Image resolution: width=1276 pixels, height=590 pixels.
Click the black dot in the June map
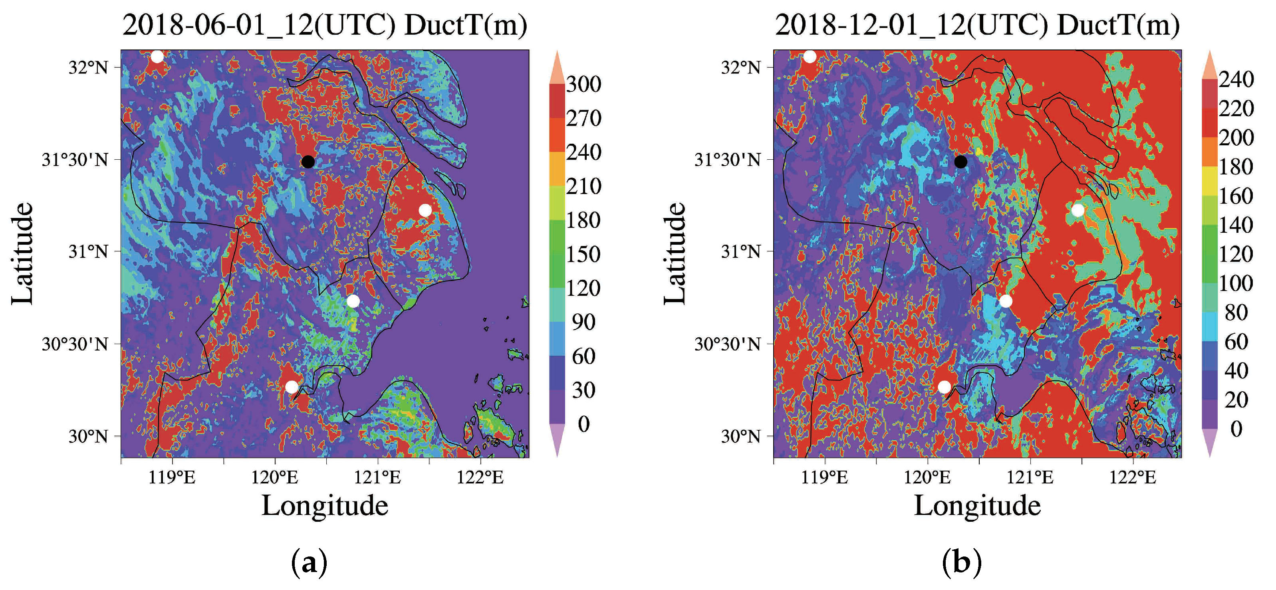tap(308, 161)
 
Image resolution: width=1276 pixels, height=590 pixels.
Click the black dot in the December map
tap(960, 161)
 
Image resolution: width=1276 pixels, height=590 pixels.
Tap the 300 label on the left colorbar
tap(583, 84)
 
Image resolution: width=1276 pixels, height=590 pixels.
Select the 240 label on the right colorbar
tap(1236, 79)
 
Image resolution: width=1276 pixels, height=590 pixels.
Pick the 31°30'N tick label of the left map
tap(75, 160)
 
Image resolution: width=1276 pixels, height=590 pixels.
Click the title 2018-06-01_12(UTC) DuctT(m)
tap(324, 25)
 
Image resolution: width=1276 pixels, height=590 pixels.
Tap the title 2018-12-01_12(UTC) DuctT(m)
tap(977, 25)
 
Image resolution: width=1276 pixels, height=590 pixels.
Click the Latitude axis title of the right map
tap(675, 253)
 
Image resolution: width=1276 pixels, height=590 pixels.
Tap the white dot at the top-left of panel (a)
tap(157, 56)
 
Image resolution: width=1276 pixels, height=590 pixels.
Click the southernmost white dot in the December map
tap(944, 386)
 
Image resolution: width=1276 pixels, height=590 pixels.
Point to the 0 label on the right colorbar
tap(1236, 429)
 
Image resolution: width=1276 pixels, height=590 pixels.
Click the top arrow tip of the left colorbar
tap(557, 51)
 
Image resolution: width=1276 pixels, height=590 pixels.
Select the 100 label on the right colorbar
tap(1236, 283)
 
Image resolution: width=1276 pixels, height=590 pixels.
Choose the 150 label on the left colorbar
tap(583, 254)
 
